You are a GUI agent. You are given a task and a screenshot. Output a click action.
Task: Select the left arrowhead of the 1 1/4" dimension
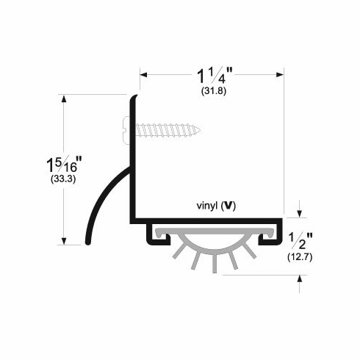[x=144, y=74]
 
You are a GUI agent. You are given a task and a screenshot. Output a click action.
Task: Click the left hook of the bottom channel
[x=151, y=234]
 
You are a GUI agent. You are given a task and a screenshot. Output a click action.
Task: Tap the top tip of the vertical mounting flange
[x=137, y=96]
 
